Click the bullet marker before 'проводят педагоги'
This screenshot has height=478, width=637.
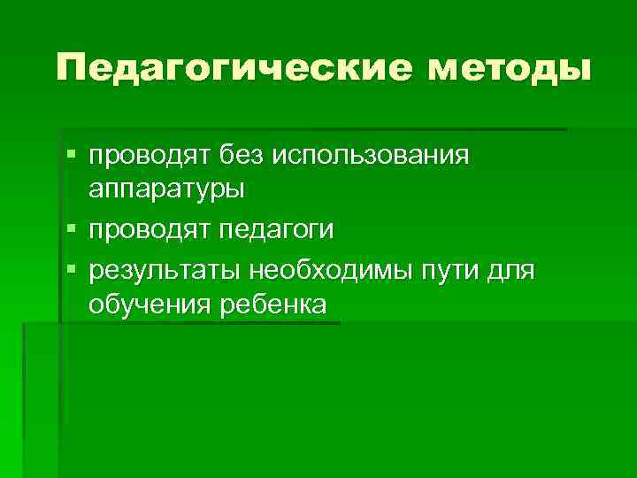[x=72, y=230]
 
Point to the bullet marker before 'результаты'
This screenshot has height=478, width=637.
[x=72, y=268]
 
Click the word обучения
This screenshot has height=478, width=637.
[x=149, y=306]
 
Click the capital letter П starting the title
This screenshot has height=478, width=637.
[x=72, y=67]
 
